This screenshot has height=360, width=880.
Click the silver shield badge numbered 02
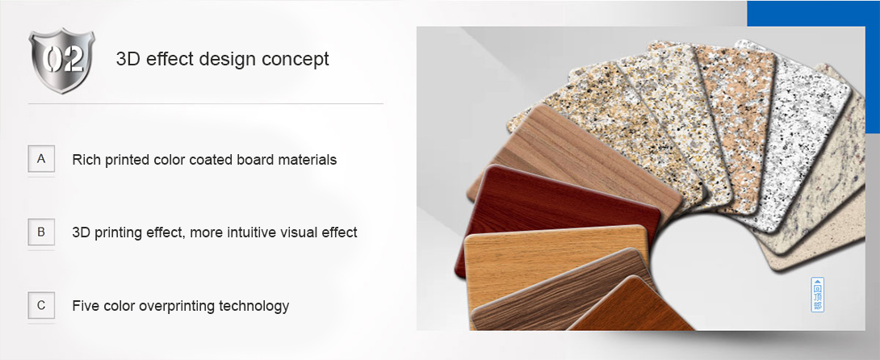pyautogui.click(x=61, y=61)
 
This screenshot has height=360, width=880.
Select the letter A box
pyautogui.click(x=41, y=159)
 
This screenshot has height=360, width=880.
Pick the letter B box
pyautogui.click(x=41, y=232)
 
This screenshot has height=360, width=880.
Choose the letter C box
pyautogui.click(x=41, y=306)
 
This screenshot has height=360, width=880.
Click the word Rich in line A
pyautogui.click(x=84, y=159)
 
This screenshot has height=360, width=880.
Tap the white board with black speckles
pyautogui.click(x=797, y=135)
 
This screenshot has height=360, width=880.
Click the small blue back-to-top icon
pyautogui.click(x=819, y=295)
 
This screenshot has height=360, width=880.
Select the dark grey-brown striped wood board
pyautogui.click(x=555, y=291)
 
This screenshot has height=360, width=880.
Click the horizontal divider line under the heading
pyautogui.click(x=205, y=104)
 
